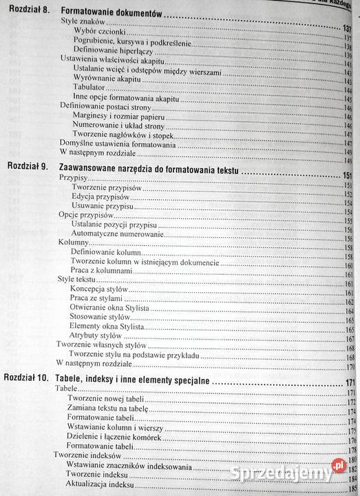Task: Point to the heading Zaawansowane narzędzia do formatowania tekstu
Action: point(148,168)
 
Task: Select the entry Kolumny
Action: point(74,243)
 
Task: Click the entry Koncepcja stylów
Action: point(104,290)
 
